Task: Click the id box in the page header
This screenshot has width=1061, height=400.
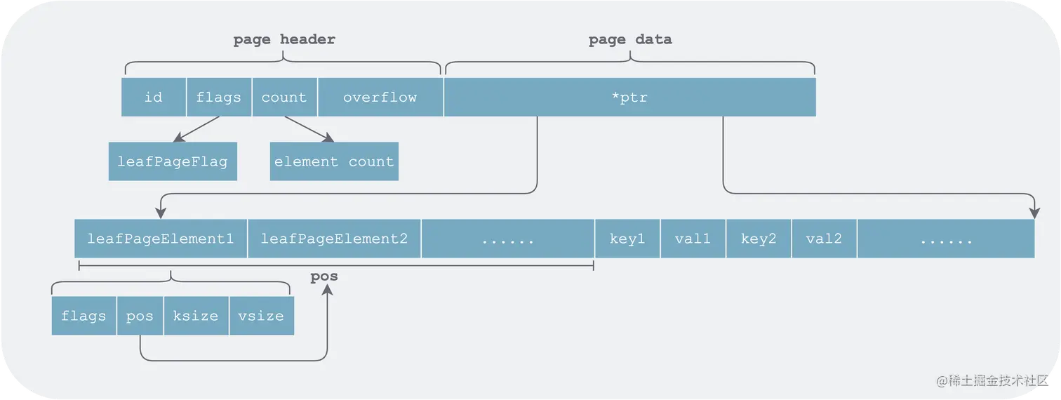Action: (x=154, y=97)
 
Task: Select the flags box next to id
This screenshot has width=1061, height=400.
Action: (x=219, y=97)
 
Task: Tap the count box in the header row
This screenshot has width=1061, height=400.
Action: (x=284, y=97)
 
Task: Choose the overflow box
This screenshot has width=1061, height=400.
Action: (x=380, y=97)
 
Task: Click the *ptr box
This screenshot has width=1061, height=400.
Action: (x=629, y=97)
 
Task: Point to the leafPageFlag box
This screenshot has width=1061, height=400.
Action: (x=173, y=161)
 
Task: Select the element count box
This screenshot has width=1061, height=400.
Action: (x=334, y=161)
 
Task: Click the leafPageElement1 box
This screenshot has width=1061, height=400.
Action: (x=161, y=239)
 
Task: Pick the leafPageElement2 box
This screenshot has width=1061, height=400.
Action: (x=334, y=239)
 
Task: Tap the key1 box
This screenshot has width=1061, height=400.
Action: (x=627, y=239)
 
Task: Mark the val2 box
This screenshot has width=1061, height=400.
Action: (x=824, y=239)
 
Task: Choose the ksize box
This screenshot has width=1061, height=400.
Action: (x=196, y=316)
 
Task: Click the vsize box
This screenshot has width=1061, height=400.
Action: (x=261, y=316)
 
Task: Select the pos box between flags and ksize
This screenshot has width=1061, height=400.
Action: (x=140, y=316)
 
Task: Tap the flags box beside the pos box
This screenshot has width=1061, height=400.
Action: (x=84, y=316)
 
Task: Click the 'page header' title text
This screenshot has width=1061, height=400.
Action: (x=284, y=39)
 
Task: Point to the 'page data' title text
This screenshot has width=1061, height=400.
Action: (x=629, y=39)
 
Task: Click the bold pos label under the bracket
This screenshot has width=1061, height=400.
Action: (x=324, y=276)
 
